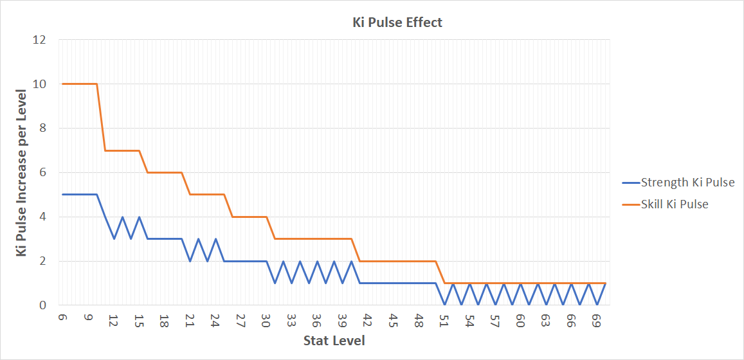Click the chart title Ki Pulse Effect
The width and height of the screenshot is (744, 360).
397,22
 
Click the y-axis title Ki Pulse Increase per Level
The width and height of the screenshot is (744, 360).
22,172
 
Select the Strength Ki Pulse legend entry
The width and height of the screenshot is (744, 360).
678,183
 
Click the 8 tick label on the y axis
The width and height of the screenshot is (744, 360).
42,129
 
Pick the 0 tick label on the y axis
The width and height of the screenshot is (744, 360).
42,305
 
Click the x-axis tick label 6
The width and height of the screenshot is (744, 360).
62,318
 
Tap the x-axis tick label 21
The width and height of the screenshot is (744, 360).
190,319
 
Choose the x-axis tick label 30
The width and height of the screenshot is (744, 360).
266,319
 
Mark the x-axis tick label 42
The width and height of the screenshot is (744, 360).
368,319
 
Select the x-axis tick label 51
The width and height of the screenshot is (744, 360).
444,319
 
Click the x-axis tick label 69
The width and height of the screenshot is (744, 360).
597,319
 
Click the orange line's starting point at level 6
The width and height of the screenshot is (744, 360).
62,84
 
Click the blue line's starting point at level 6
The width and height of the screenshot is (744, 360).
62,194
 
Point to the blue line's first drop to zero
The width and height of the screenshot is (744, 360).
444,305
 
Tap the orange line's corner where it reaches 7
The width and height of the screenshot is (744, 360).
105,150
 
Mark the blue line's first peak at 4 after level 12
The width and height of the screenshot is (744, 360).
122,217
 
